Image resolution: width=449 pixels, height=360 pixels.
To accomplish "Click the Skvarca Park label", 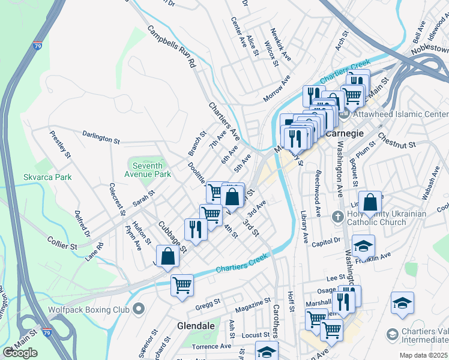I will pos(47,177).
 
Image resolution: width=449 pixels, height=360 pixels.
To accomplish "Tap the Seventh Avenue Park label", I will pos(147,170).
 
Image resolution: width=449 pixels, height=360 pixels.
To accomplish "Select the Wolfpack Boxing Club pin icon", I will pos(139,310).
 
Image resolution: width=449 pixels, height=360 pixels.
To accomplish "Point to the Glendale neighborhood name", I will pos(196,325).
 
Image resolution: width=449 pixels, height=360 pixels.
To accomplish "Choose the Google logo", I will pos(20,353).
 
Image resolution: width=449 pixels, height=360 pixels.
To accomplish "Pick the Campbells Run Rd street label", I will pos(172,46).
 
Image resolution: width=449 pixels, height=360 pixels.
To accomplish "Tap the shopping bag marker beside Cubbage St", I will pos(168,256).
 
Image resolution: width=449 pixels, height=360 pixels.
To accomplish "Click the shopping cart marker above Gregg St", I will pos(182,285).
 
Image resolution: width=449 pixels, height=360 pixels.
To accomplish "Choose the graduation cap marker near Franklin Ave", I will pos(363,245).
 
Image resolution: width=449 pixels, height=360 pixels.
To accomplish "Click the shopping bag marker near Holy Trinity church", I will pos(370,202).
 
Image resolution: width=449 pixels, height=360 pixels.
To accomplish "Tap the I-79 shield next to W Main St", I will pos(46,332).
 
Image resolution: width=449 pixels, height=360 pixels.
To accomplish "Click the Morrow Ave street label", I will pos(277,88).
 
